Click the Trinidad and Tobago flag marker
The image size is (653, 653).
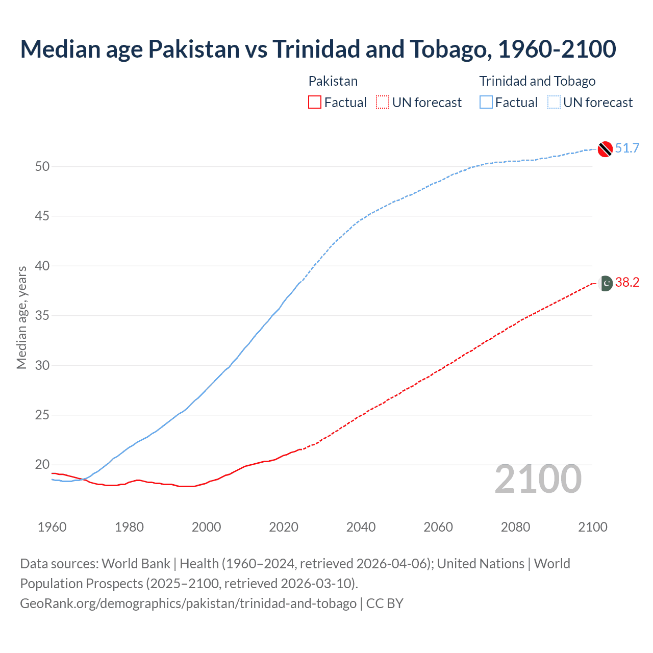605,148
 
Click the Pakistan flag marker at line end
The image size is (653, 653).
606,283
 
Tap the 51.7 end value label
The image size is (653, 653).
627,148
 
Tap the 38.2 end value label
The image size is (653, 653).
627,283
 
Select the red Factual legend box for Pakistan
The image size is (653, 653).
315,103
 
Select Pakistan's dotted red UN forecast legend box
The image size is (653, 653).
383,103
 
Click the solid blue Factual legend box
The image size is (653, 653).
486,103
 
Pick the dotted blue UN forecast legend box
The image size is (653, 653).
554,103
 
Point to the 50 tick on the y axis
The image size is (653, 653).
42,167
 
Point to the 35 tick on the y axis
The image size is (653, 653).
42,316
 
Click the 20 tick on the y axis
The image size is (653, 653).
42,465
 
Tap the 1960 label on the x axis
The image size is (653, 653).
52,527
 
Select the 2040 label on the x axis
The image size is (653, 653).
361,527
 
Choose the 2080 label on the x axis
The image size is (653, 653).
515,527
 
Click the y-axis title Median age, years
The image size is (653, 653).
21,317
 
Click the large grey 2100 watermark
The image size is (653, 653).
538,479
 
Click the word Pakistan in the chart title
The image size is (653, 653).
194,49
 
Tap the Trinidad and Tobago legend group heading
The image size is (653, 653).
537,81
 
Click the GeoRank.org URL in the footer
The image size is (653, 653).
188,604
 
